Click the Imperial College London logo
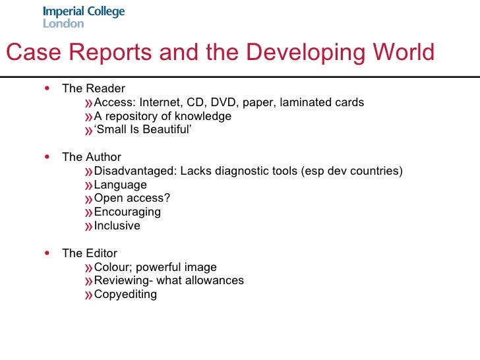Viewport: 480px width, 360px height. coord(84,17)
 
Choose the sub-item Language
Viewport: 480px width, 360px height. coord(121,185)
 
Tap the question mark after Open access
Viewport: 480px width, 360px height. coord(167,198)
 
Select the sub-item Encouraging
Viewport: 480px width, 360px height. coord(127,212)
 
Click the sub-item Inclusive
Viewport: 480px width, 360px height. coord(117,225)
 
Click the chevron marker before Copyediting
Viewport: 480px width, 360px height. coord(89,295)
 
